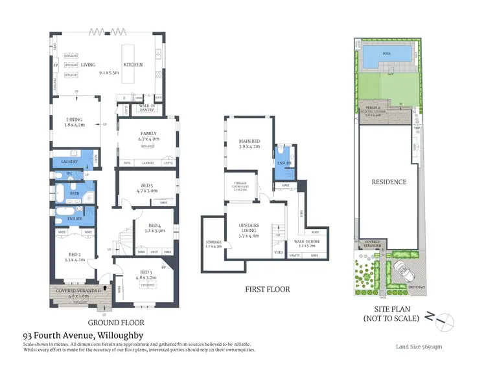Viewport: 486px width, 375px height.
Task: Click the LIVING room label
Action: [x=88, y=65]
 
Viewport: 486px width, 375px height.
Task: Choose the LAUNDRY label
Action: [x=69, y=161]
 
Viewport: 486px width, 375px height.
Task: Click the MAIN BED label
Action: [x=249, y=144]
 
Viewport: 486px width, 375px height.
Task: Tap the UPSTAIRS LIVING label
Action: [x=249, y=226]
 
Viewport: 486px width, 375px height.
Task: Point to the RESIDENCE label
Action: [x=388, y=182]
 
